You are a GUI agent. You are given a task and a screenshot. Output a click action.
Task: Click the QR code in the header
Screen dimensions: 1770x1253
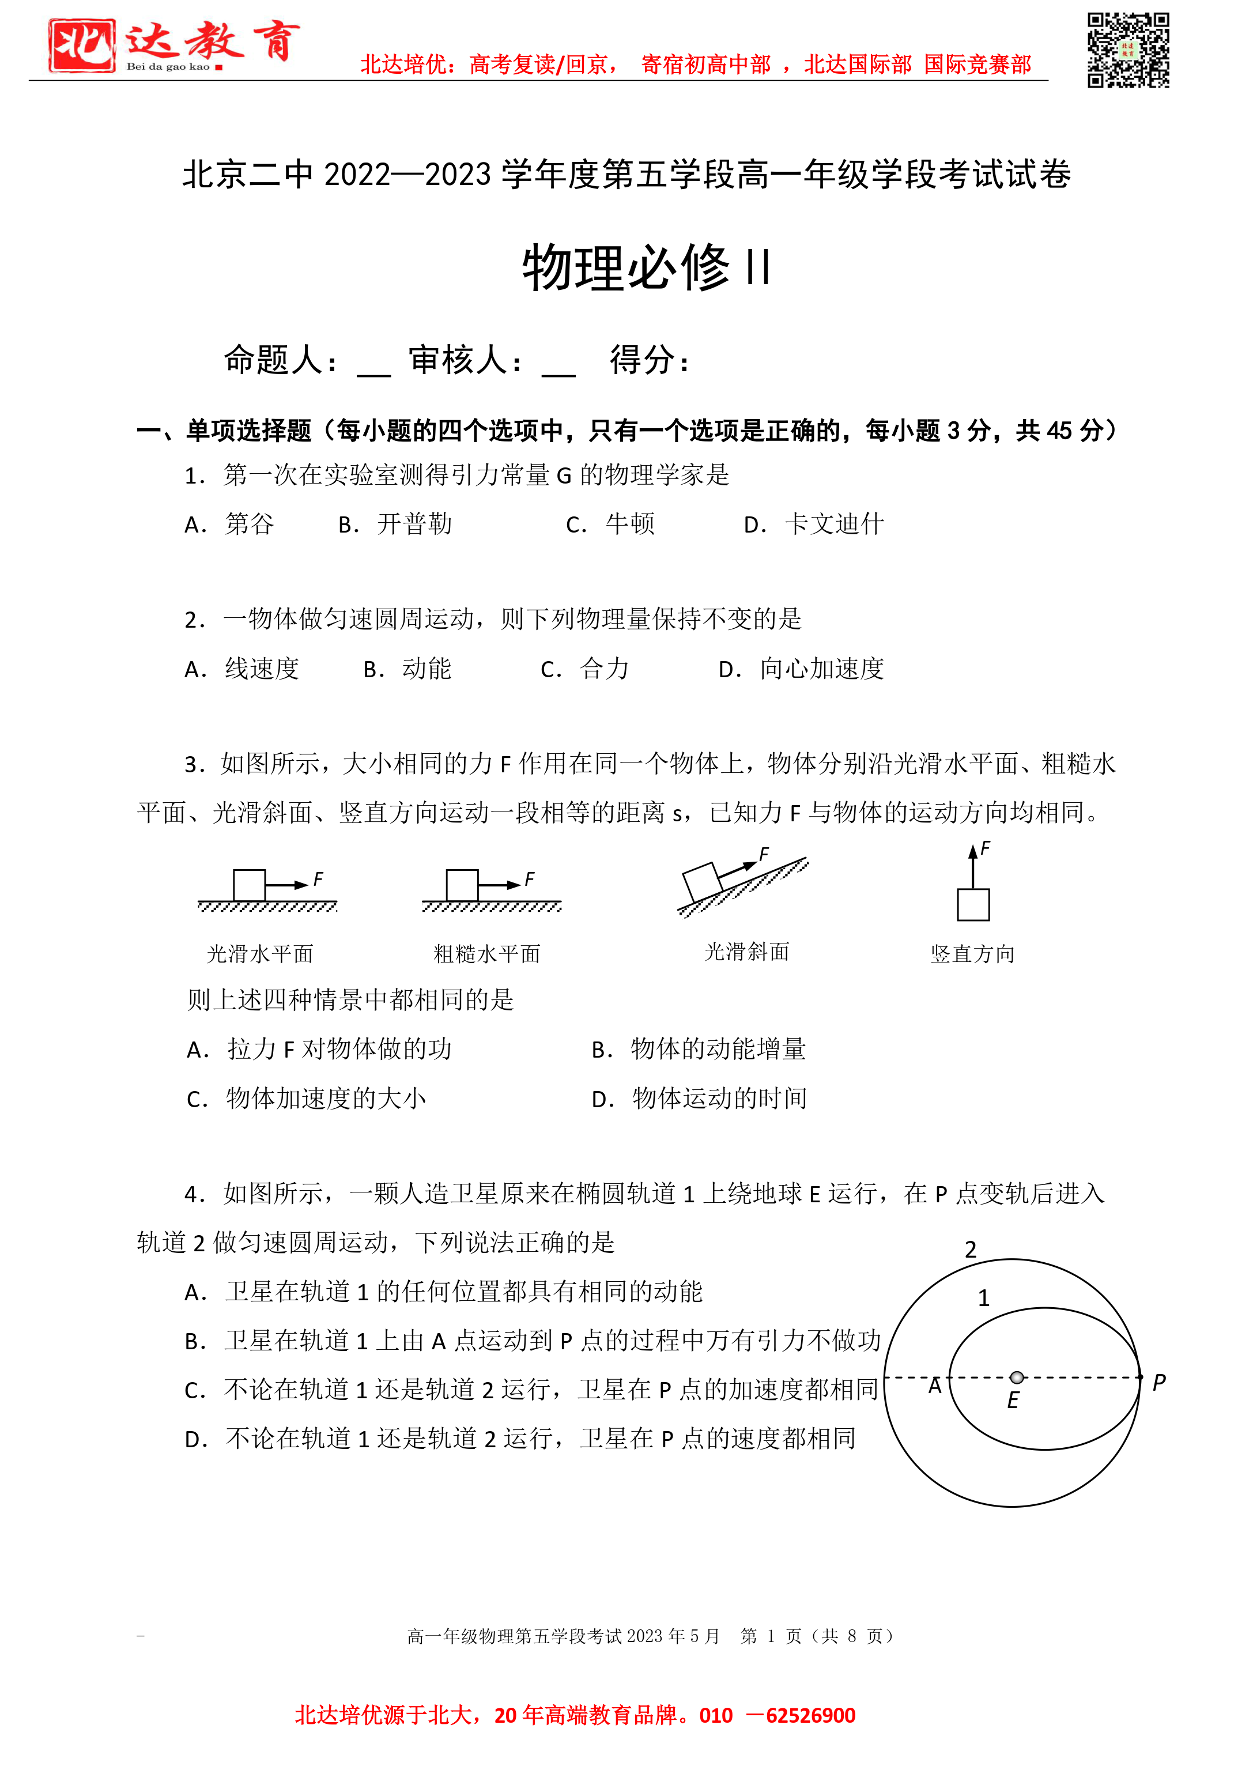[x=1128, y=50]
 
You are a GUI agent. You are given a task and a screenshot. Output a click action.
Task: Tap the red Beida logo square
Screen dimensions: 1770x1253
[x=82, y=46]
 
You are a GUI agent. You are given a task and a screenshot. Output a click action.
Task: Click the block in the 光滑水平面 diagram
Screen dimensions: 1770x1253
[x=249, y=885]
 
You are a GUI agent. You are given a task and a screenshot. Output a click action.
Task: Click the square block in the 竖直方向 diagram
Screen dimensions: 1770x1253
[x=973, y=904]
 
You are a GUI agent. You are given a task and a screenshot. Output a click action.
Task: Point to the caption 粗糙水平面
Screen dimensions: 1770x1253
[x=487, y=954]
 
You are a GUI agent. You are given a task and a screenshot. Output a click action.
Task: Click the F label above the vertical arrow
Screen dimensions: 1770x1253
[x=985, y=850]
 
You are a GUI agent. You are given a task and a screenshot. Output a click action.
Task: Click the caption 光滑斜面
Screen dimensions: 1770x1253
[x=747, y=952]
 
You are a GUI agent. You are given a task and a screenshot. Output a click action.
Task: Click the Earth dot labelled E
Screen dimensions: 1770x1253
[x=1017, y=1378]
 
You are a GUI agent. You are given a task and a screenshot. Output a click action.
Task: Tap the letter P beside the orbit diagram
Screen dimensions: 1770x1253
[x=1159, y=1383]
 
